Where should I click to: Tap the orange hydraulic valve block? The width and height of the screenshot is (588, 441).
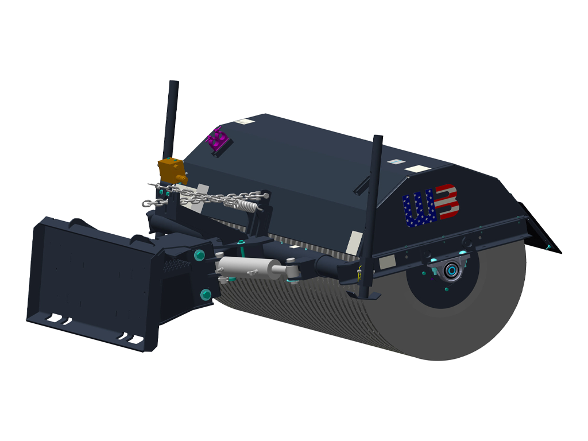coord(172,170)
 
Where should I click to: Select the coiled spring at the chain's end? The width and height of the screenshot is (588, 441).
coord(246,202)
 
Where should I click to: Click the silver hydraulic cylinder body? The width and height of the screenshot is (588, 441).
coord(244,268)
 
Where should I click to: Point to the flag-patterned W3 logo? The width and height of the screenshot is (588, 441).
coord(430,206)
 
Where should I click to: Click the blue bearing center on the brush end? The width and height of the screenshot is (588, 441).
coord(451,270)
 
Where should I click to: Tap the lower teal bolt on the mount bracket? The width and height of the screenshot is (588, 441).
coord(204,295)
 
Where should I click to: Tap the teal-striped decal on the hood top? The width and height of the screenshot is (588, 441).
coord(394,161)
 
